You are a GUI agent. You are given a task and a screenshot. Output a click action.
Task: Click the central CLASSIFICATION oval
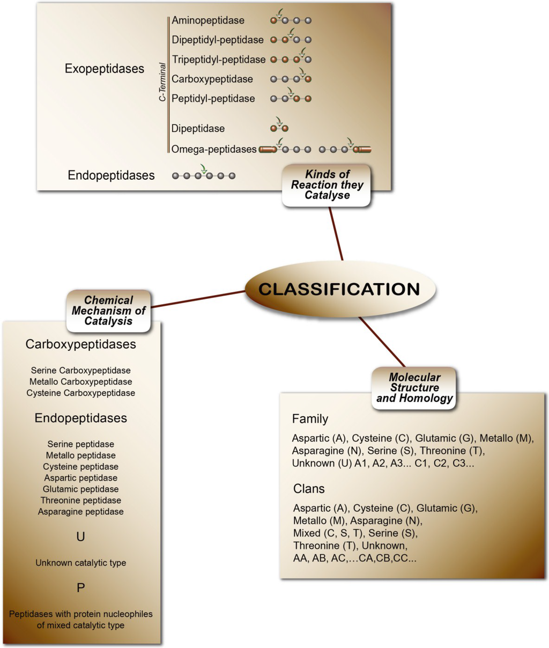coord(340,289)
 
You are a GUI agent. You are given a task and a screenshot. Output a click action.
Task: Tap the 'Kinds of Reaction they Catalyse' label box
coord(327,185)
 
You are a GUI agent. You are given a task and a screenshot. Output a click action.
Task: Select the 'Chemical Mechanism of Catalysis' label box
coord(108,311)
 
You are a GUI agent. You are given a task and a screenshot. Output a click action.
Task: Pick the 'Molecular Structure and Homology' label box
coord(414,388)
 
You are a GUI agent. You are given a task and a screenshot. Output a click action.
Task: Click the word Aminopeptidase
coord(207,20)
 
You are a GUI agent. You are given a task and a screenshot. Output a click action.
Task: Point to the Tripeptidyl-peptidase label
coord(218,60)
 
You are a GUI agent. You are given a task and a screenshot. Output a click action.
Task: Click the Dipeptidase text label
coord(198,128)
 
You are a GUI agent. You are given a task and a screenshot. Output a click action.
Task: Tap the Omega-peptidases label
coord(213,149)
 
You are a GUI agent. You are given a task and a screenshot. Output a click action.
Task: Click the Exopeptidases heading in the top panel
coord(104,69)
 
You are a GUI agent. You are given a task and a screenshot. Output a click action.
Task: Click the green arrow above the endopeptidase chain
coord(203,168)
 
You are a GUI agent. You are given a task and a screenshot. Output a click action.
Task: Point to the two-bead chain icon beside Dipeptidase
coord(279,128)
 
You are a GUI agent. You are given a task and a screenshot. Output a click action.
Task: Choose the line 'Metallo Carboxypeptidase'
coord(80,381)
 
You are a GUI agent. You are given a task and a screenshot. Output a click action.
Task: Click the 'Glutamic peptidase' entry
coord(80,489)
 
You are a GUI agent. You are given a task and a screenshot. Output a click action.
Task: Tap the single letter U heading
coord(80,536)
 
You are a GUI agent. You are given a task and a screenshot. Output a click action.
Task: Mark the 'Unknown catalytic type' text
coord(80,563)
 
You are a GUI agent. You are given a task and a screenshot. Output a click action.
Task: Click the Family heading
coord(310,419)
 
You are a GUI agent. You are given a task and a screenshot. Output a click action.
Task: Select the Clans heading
coord(309,489)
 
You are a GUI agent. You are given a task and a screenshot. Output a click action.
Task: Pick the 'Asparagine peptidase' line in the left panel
coord(80,511)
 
